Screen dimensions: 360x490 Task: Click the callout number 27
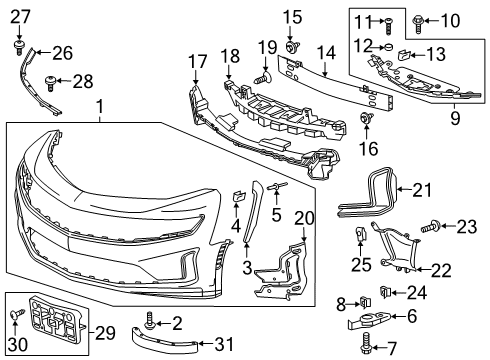pyautogui.click(x=21, y=15)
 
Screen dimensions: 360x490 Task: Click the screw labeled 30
pyautogui.click(x=17, y=317)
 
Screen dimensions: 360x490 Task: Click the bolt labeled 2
pyautogui.click(x=150, y=322)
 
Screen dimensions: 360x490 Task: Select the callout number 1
pyautogui.click(x=99, y=106)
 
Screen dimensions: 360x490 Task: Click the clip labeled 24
pyautogui.click(x=385, y=292)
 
